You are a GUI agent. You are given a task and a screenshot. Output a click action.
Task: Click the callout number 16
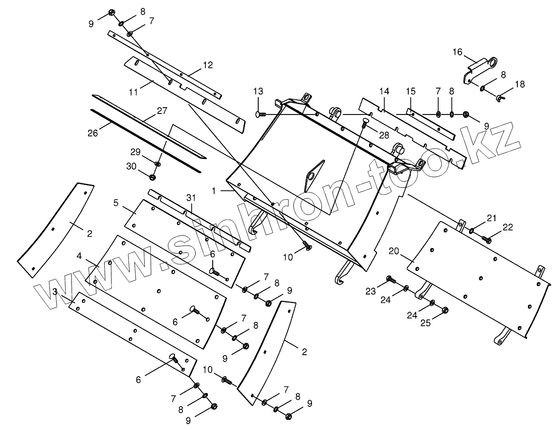[x=457, y=52]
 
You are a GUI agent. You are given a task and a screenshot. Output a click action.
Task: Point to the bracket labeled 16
[x=477, y=69]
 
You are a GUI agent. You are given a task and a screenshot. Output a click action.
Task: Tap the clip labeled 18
[x=499, y=98]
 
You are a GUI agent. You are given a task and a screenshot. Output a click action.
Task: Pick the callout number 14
[x=384, y=91]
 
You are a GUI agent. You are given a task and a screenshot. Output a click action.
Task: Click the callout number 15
[x=410, y=91]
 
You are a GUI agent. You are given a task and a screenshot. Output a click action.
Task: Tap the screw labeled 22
[x=487, y=239]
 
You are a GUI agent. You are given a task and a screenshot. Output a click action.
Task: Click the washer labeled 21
[x=471, y=230]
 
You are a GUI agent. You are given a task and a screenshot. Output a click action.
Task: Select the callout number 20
[x=394, y=250]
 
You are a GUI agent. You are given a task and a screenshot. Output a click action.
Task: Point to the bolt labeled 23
[x=390, y=279]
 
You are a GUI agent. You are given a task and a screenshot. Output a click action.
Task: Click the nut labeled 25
[x=445, y=310]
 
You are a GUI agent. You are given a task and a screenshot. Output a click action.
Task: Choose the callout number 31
[x=191, y=198]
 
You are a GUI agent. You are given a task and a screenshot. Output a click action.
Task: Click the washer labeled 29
[x=157, y=163]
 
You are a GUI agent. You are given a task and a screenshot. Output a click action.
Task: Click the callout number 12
[x=208, y=65]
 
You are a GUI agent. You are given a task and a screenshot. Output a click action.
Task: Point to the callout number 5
[x=116, y=202]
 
